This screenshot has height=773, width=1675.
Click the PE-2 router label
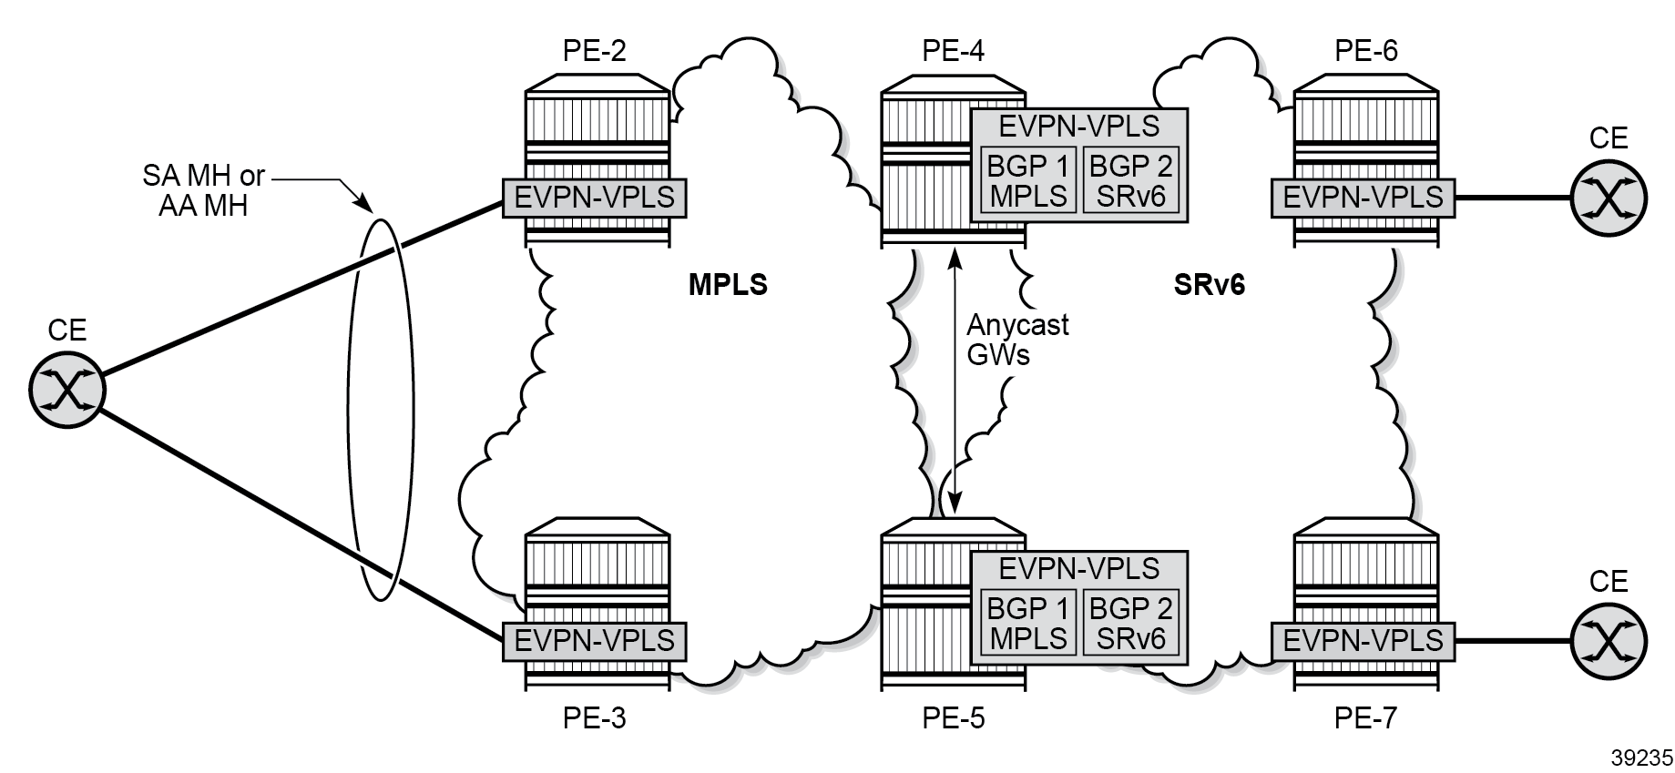[594, 51]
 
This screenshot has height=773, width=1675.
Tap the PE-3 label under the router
[594, 719]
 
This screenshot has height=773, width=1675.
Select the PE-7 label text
[1366, 719]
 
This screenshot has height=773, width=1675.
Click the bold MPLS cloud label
[728, 285]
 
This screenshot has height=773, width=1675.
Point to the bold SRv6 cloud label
[1209, 285]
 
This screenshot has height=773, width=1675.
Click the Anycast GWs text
[1017, 340]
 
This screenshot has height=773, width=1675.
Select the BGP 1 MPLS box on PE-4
[1028, 180]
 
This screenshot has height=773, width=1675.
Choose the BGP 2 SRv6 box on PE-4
[1130, 180]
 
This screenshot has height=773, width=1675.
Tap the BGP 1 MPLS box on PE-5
[1028, 623]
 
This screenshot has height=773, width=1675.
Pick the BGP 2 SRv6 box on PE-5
[1130, 623]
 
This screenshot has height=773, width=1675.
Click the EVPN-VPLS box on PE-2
[594, 198]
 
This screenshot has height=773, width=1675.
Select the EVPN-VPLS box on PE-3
[594, 641]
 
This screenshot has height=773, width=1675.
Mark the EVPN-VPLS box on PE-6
[1363, 198]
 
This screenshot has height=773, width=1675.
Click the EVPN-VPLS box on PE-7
[1363, 641]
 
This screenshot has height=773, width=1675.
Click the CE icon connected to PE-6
[1609, 198]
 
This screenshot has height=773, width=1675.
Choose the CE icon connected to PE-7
[1609, 641]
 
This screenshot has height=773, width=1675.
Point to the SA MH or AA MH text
[203, 189]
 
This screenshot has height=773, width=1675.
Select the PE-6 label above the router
[1366, 51]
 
